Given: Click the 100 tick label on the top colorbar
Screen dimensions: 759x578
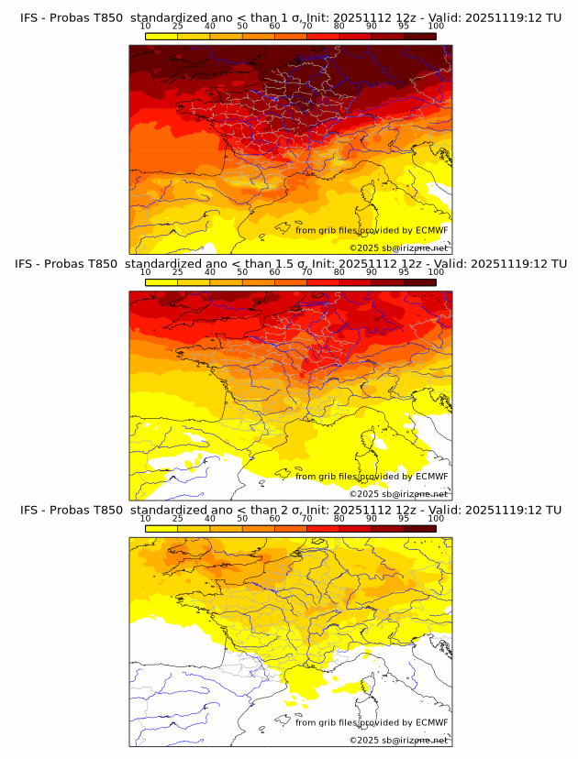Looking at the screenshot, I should point(436,26).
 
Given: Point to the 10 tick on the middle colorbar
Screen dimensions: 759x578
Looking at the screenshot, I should point(146,271).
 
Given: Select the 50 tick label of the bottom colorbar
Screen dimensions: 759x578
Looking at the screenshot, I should point(242,517).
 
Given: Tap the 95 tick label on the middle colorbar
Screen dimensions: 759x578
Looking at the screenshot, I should point(404,271).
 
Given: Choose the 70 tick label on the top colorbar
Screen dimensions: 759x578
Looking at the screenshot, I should point(306,26).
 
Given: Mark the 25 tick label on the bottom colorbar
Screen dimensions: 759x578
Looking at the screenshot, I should point(178,517).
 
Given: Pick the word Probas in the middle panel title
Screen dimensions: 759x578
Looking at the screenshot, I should point(71,264).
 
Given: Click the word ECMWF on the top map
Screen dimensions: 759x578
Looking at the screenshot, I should point(432,231).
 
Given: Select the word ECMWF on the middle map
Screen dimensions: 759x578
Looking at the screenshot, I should point(432,477).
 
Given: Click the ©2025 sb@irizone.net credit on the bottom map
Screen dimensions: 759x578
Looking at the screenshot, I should point(399,739).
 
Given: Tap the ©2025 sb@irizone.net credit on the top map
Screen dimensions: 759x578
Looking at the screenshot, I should point(399,247).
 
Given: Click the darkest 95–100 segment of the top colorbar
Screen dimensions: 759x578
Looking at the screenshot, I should point(419,36).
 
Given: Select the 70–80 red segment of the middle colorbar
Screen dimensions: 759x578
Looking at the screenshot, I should point(323,281).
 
